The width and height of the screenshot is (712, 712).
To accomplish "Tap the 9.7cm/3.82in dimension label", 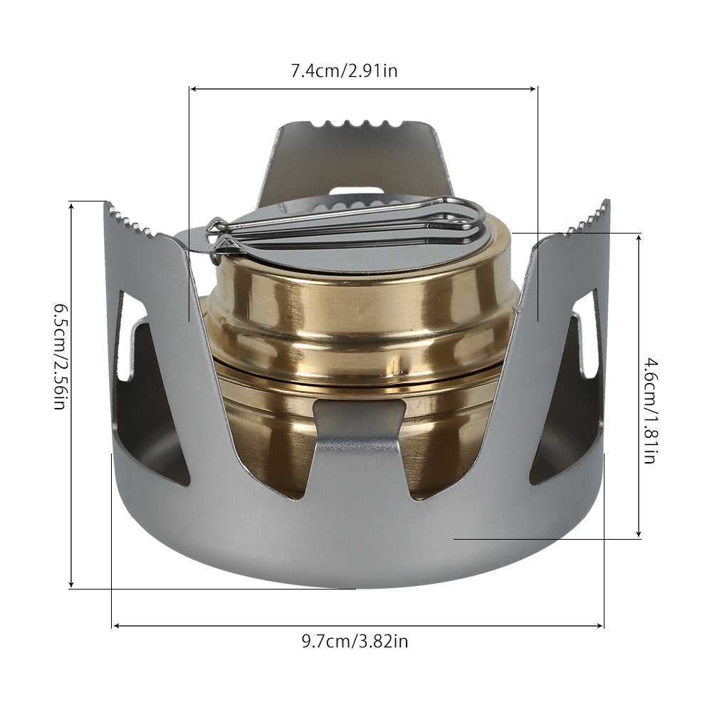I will (354, 642).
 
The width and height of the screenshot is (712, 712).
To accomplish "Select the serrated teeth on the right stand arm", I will (588, 219).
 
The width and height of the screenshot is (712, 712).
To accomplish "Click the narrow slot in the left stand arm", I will (125, 335).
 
